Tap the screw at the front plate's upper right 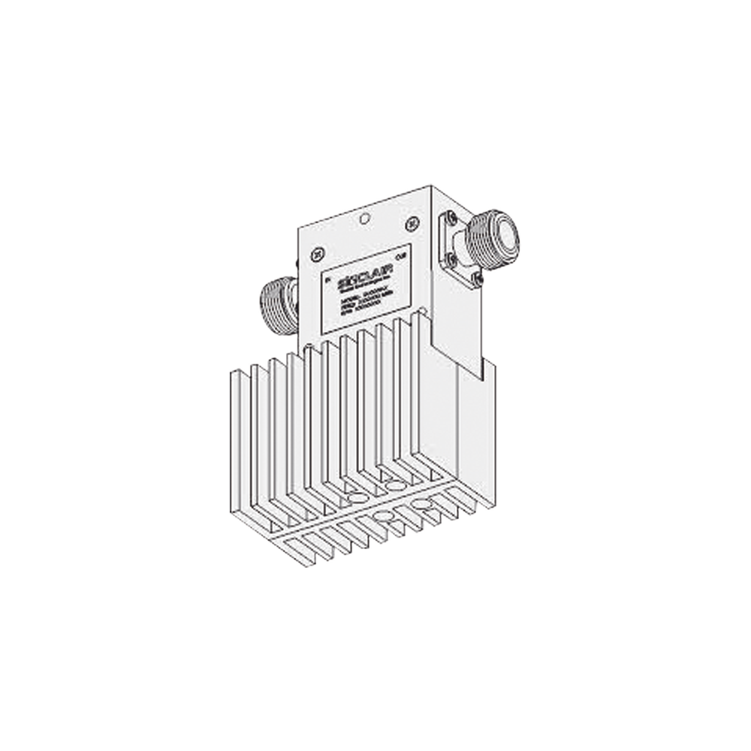point(410,222)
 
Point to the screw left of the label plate point(316,251)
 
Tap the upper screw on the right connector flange point(451,219)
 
